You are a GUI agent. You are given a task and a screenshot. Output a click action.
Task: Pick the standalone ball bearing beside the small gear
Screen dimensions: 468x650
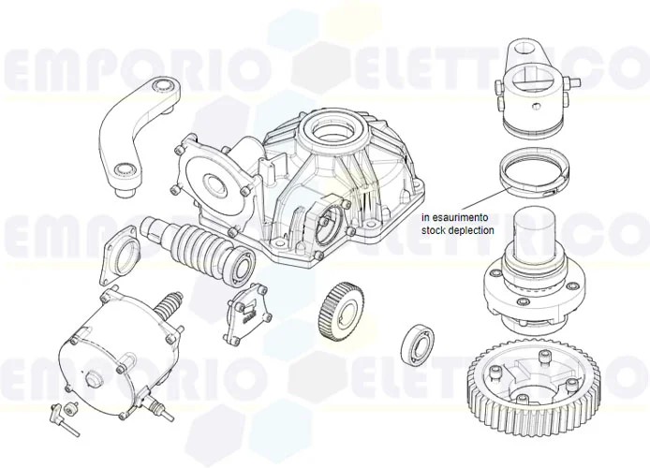[417, 344]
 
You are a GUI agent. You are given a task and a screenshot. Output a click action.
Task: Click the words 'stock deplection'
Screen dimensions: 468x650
[458, 230]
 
